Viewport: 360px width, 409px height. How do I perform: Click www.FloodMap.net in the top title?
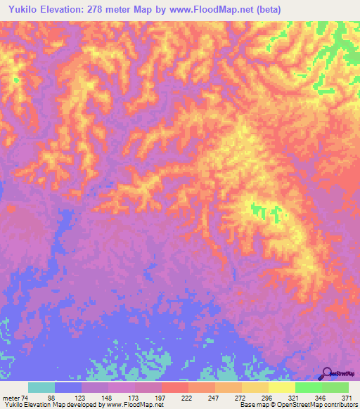click(x=219, y=10)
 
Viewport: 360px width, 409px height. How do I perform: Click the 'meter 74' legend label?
click(x=15, y=397)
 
